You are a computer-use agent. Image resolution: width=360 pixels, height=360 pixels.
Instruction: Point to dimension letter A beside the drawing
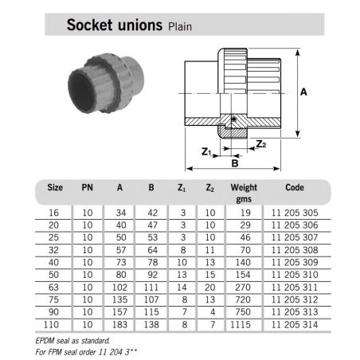tap(303, 92)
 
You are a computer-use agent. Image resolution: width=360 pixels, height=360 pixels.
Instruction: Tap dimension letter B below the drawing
tap(234, 162)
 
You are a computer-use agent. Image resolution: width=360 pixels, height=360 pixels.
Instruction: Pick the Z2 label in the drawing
tap(261, 144)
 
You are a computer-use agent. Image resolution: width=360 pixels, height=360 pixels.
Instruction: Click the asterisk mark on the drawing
tap(233, 120)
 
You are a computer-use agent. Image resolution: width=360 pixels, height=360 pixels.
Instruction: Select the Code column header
tap(295, 189)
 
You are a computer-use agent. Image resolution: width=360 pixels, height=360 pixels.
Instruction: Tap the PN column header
tap(88, 189)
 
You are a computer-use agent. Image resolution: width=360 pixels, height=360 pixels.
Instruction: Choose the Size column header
tap(55, 189)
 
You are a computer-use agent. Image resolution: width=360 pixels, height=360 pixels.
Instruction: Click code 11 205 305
tap(295, 213)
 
